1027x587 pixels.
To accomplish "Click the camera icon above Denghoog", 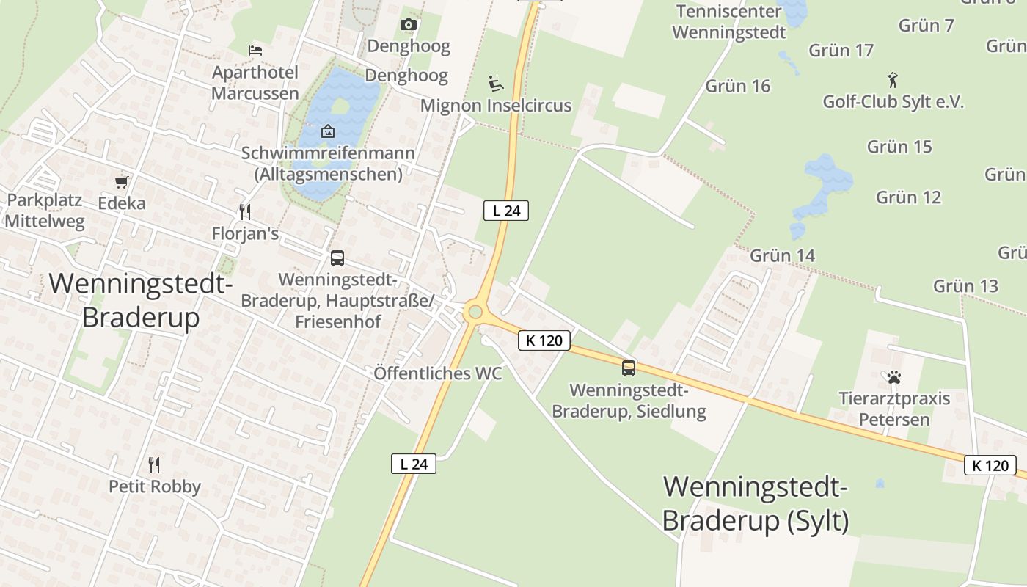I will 409,25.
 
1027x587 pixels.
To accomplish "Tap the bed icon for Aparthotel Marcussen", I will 255,51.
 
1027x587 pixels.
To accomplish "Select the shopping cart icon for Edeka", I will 122,182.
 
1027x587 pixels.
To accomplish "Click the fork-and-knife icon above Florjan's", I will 245,212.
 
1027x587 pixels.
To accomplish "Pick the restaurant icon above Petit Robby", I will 154,464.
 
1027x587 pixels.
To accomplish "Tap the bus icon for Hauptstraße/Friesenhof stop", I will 337,258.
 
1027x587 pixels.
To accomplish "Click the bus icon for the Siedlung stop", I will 629,368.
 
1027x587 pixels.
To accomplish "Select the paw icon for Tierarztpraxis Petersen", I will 894,378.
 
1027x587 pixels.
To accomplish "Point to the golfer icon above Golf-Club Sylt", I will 893,79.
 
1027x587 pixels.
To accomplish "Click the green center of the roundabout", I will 475,313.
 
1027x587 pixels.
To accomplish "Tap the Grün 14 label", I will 783,256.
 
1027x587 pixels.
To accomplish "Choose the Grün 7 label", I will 927,26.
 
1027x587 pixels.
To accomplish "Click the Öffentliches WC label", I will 438,373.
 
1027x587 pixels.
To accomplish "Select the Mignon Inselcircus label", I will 496,106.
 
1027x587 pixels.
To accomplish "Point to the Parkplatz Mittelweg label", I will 45,211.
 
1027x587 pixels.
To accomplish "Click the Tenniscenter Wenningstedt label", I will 729,22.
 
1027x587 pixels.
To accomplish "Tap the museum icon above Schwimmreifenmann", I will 328,132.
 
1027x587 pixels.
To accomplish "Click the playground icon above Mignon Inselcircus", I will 496,83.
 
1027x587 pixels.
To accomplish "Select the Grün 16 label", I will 738,87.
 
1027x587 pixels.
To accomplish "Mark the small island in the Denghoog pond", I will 340,106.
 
